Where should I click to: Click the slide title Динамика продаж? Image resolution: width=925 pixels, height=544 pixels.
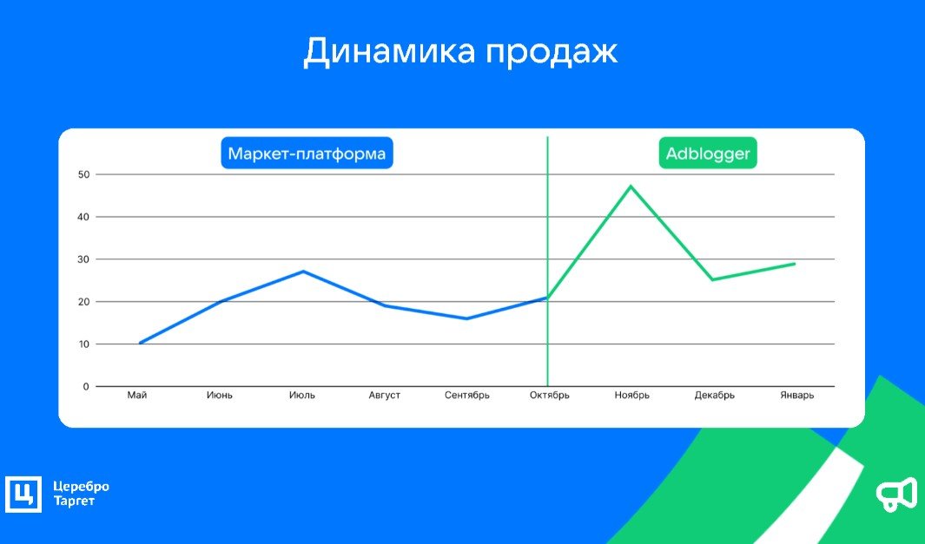pyautogui.click(x=460, y=52)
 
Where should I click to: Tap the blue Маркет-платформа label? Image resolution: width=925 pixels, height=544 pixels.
pyautogui.click(x=307, y=154)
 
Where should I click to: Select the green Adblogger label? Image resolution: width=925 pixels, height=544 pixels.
pyautogui.click(x=708, y=154)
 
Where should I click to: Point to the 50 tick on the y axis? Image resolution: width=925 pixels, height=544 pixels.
pyautogui.click(x=83, y=174)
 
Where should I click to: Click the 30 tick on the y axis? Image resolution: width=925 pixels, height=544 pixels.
pyautogui.click(x=83, y=259)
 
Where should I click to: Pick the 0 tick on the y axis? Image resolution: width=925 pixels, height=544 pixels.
pyautogui.click(x=86, y=387)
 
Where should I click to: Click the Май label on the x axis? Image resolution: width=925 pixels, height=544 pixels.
pyautogui.click(x=137, y=396)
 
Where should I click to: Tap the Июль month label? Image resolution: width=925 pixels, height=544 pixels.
pyautogui.click(x=302, y=396)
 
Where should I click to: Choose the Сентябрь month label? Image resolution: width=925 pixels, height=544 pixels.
pyautogui.click(x=467, y=396)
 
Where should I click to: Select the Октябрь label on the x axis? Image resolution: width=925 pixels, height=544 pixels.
pyautogui.click(x=550, y=396)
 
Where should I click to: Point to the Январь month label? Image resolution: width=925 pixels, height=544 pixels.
pyautogui.click(x=797, y=396)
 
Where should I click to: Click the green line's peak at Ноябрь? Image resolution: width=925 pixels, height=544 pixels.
pyautogui.click(x=631, y=187)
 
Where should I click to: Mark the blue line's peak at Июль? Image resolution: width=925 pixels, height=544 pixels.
pyautogui.click(x=303, y=271)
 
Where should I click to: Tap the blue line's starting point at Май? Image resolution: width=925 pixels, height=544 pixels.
pyautogui.click(x=140, y=343)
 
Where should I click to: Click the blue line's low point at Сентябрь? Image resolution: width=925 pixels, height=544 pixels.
pyautogui.click(x=466, y=319)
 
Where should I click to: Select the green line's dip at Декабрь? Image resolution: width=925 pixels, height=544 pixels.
pyautogui.click(x=713, y=279)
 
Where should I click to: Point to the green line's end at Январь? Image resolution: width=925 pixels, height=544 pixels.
pyautogui.click(x=795, y=264)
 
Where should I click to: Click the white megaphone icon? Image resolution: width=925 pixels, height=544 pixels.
pyautogui.click(x=896, y=494)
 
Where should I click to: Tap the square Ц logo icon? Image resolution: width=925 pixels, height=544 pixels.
pyautogui.click(x=23, y=494)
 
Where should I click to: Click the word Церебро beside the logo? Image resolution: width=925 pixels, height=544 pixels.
pyautogui.click(x=81, y=487)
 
